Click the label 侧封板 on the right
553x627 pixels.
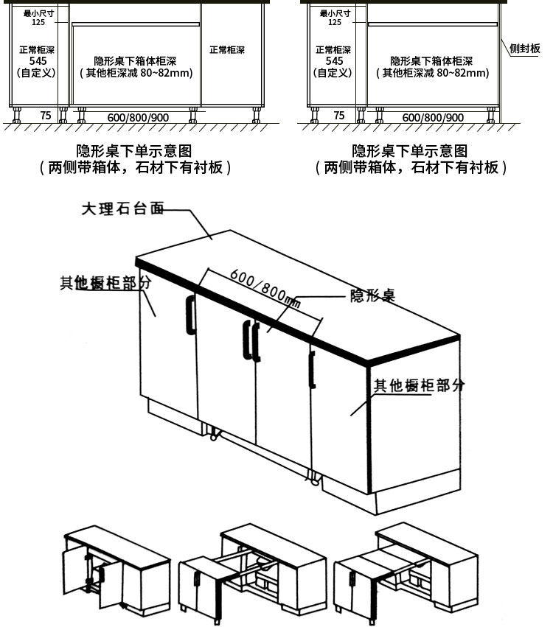point(525,49)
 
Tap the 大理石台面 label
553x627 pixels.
point(122,209)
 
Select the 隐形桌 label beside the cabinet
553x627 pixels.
point(372,296)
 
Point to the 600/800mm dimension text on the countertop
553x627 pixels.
point(265,288)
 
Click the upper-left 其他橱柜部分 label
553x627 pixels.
point(106,284)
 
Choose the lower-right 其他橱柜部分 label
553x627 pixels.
point(419,385)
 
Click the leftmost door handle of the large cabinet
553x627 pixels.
point(190,315)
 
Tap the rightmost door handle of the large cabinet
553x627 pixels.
point(313,369)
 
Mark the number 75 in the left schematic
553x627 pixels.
point(46,116)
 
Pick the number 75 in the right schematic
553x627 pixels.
point(339,116)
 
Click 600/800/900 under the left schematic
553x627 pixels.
point(138,117)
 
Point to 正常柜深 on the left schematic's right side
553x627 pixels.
point(227,50)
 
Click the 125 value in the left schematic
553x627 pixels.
point(38,22)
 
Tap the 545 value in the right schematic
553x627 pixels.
point(334,61)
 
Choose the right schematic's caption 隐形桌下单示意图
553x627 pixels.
point(410,151)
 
